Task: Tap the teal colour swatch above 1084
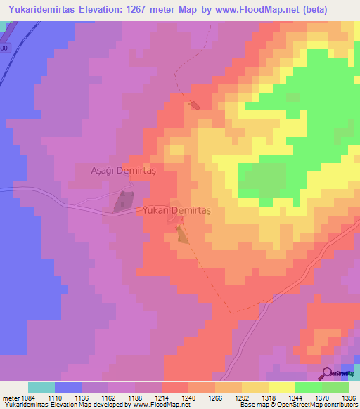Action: coord(41,387)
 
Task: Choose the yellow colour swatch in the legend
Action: coord(281,387)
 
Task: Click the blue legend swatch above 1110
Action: coord(68,387)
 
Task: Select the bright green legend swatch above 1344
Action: coord(308,387)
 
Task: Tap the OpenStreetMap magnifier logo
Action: coord(328,373)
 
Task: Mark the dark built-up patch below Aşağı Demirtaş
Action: coord(123,201)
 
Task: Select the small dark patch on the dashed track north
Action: coord(194,105)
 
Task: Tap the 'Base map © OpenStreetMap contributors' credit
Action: coord(297,405)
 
